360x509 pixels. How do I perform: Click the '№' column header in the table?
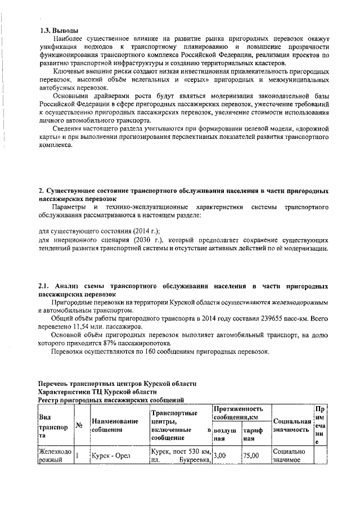pyautogui.click(x=79, y=426)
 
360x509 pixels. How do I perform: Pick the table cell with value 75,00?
pyautogui.click(x=250, y=456)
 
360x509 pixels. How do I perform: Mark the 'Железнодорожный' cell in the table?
pyautogui.click(x=54, y=456)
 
